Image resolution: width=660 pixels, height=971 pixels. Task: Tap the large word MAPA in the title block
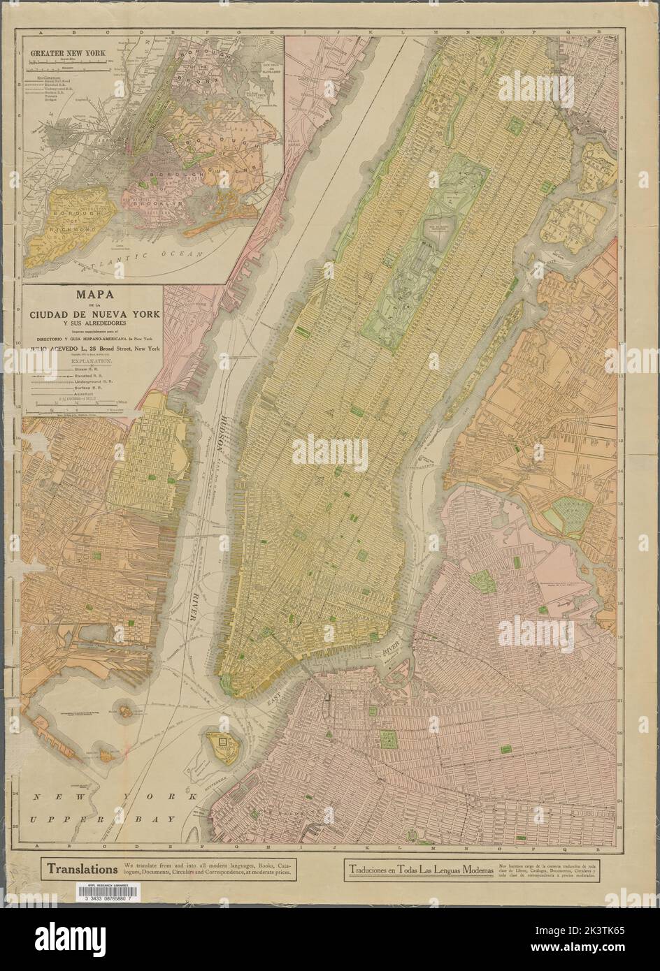[92, 296]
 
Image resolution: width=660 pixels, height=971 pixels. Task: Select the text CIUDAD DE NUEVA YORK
[92, 315]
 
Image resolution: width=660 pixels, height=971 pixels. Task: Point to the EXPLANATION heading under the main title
[92, 364]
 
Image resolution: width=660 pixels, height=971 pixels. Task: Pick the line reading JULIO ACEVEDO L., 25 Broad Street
[92, 347]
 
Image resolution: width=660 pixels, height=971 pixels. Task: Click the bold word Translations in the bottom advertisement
[82, 870]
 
